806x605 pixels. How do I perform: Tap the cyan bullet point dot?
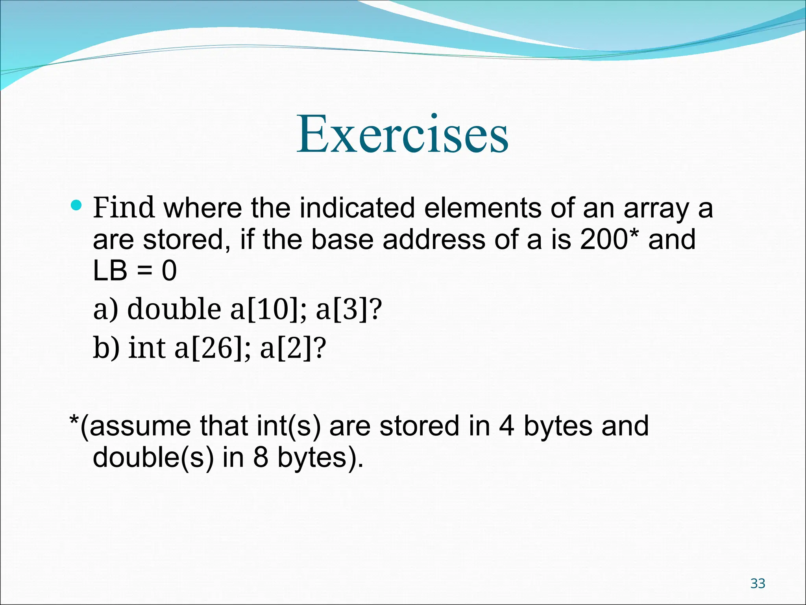click(x=76, y=205)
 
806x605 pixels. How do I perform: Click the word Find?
click(x=123, y=208)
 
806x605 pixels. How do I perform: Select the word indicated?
click(x=357, y=208)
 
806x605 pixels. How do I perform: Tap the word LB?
click(x=110, y=271)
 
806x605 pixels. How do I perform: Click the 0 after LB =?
click(x=169, y=271)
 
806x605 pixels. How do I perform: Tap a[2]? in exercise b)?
click(x=293, y=347)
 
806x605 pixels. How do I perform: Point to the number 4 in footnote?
click(x=507, y=426)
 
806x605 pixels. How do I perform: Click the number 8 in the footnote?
click(x=261, y=457)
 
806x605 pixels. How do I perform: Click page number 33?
click(x=758, y=583)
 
